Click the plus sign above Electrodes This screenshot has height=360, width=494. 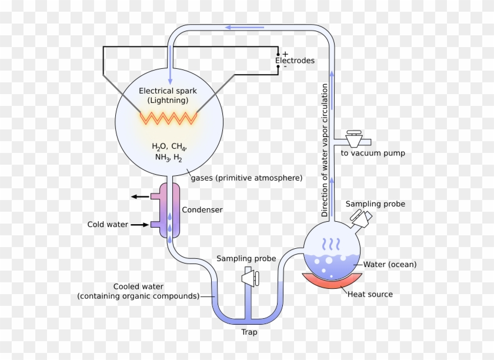285,54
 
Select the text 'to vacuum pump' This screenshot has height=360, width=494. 373,154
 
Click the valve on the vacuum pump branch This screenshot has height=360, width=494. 355,138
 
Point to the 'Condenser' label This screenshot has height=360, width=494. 202,209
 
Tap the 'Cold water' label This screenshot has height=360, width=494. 108,225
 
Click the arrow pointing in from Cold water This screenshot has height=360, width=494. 139,224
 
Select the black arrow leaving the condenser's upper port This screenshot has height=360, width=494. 139,197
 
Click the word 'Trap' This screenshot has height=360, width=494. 249,332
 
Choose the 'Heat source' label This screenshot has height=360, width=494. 370,294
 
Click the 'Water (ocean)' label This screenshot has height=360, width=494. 390,265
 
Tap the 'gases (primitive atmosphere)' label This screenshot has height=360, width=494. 247,178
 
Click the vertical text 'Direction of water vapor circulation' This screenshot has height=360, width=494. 325,151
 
